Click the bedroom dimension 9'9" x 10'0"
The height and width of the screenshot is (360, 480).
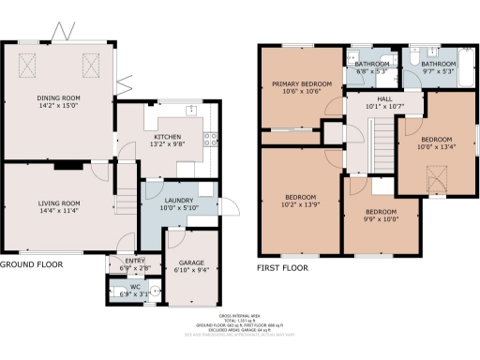382,219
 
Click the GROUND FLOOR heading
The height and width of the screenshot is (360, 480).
31,265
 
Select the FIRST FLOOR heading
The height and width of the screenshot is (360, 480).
283,267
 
